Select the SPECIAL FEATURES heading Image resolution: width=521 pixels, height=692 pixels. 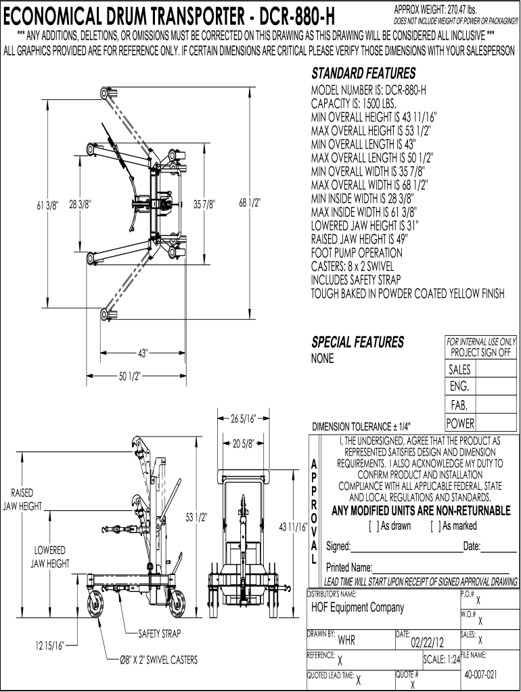(357, 343)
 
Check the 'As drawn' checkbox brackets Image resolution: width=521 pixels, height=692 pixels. (373, 526)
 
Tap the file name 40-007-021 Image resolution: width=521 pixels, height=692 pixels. (481, 674)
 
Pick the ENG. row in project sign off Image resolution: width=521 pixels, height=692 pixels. (459, 387)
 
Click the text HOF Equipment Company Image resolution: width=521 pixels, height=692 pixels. (357, 607)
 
